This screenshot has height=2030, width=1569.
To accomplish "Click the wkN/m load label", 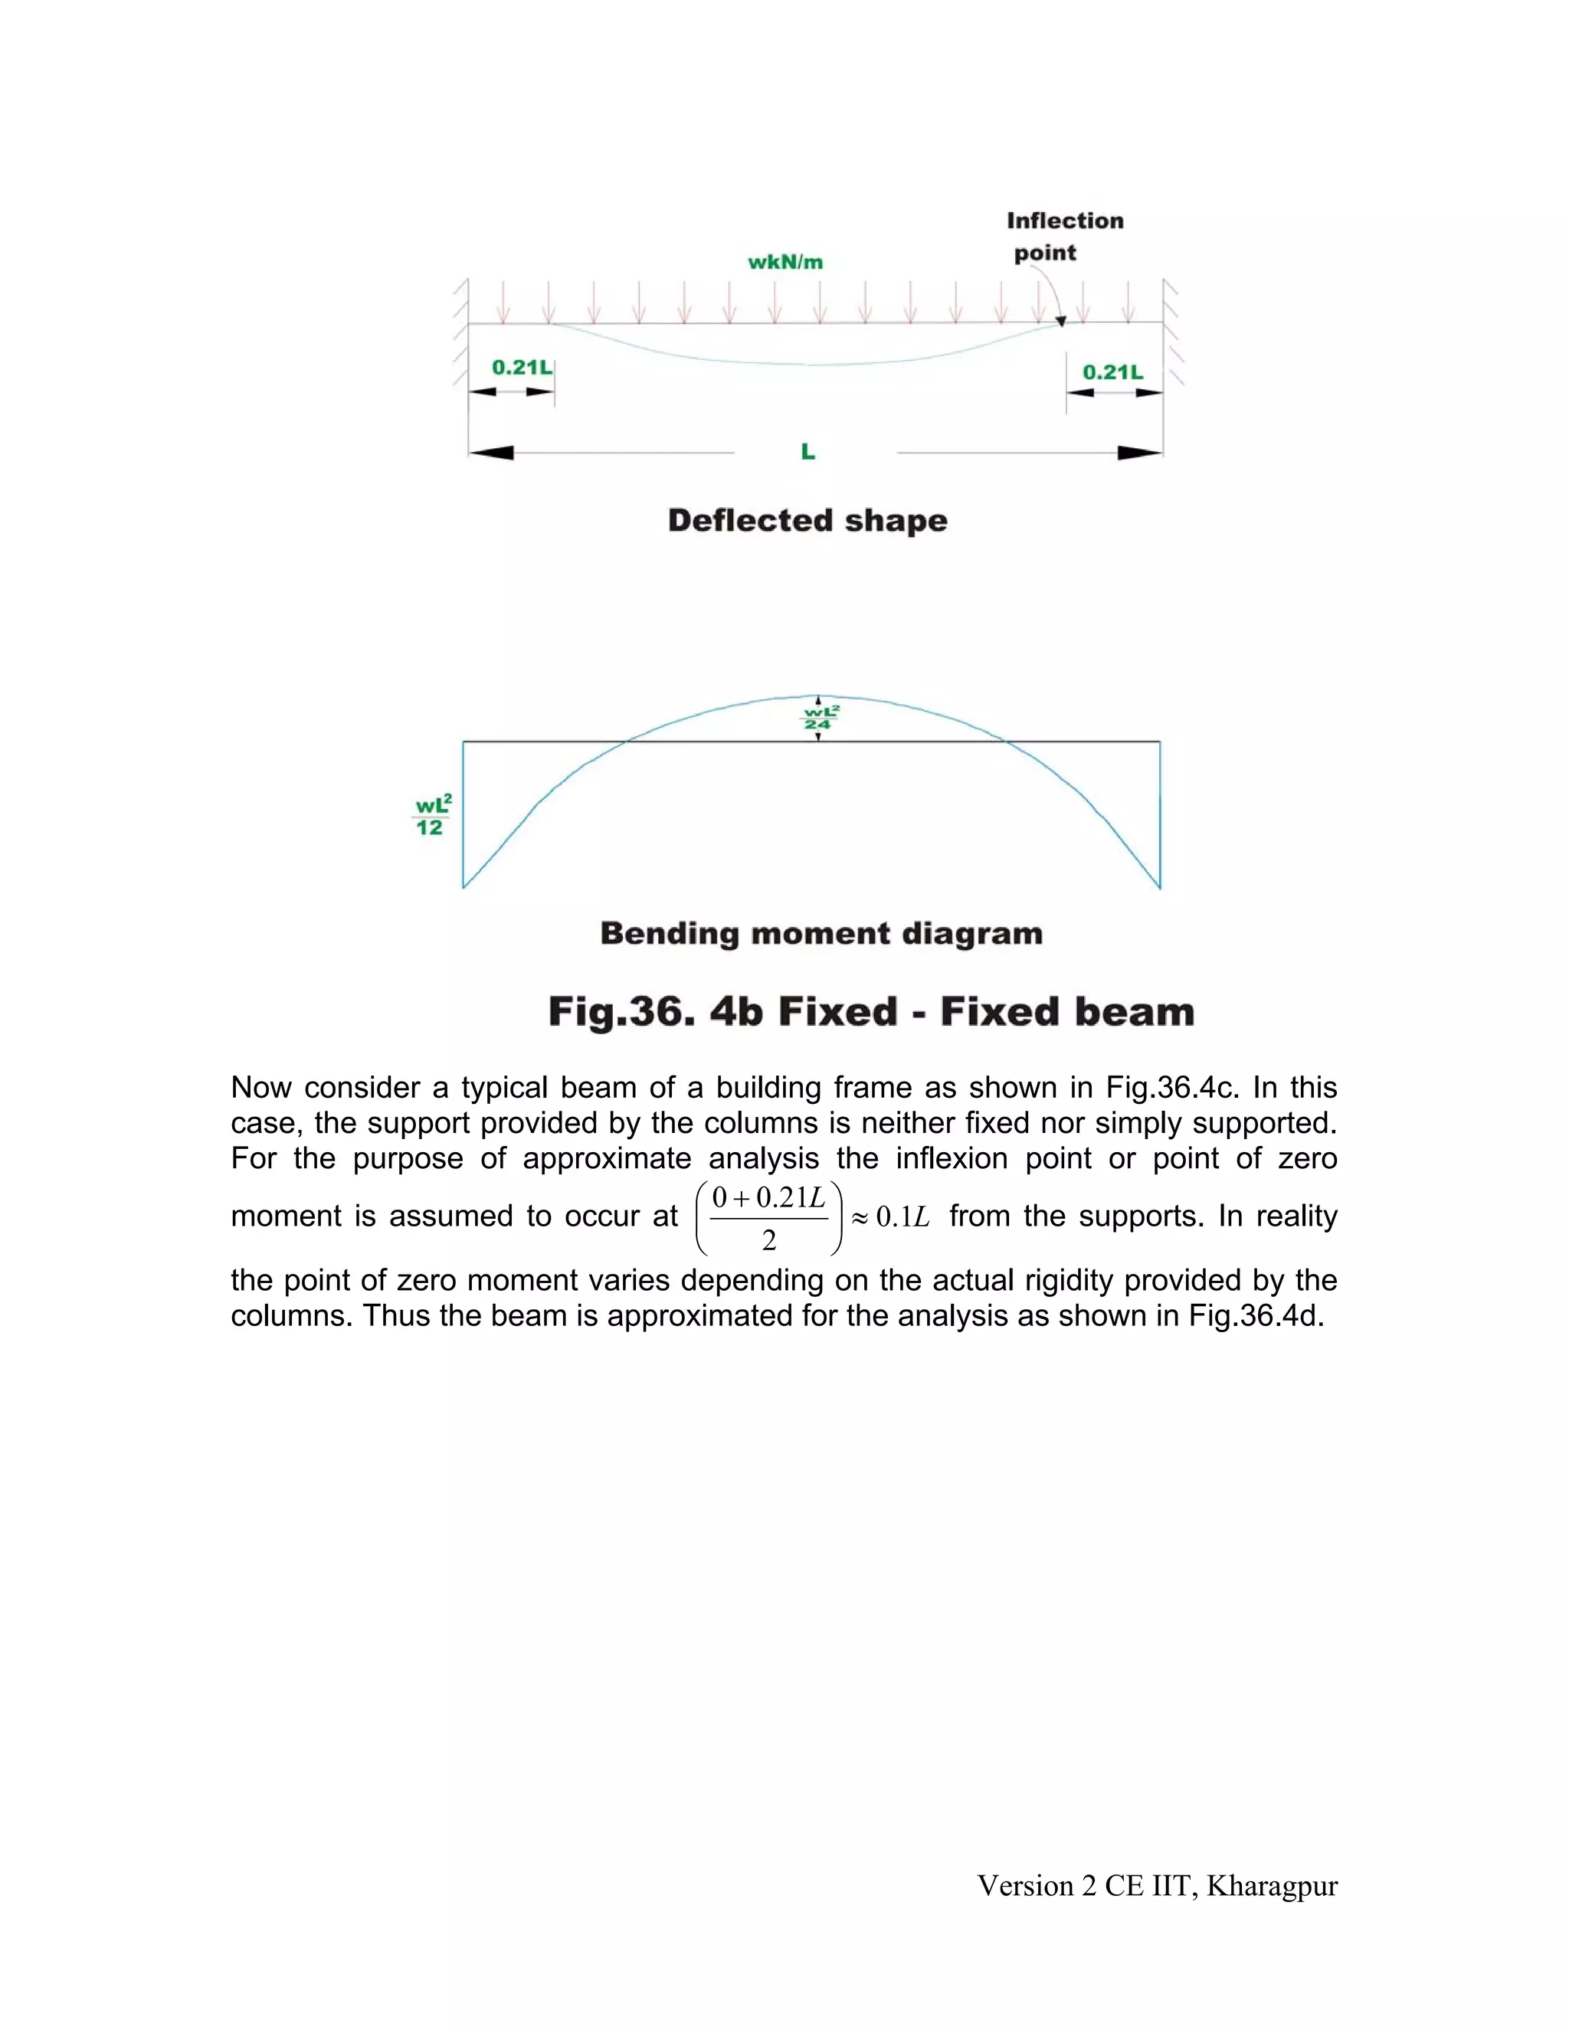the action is [x=785, y=262].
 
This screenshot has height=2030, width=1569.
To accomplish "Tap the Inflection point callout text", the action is [x=1064, y=236].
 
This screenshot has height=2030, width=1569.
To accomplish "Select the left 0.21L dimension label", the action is [x=522, y=367].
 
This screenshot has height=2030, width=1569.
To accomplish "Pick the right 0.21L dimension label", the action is [x=1112, y=373].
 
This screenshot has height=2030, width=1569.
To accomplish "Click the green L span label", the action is [x=807, y=452].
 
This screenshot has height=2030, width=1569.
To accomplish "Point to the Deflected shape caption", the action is [x=807, y=520].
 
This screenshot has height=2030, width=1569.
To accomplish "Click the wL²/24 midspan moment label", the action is [x=819, y=719].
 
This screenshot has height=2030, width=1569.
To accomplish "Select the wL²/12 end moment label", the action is [x=432, y=815].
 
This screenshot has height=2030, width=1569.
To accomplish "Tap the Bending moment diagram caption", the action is [x=821, y=933].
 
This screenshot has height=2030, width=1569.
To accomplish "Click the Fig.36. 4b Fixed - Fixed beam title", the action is [x=871, y=1011].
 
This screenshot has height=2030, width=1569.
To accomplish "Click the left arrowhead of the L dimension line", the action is [x=491, y=453].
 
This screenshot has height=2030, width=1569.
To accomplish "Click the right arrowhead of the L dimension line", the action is [x=1139, y=453].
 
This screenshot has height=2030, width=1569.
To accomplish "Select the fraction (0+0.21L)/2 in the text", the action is [x=768, y=1218].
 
